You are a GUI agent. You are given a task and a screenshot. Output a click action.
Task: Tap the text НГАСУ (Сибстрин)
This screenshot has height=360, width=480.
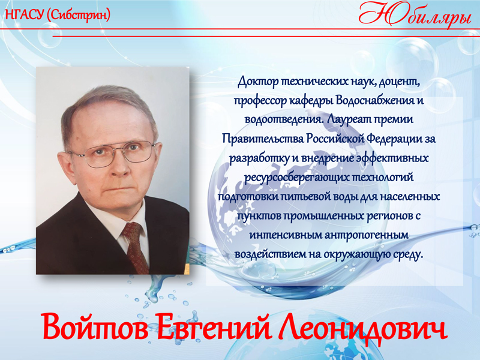(x=57, y=14)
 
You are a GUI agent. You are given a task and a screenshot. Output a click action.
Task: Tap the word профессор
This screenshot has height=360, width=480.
(x=258, y=100)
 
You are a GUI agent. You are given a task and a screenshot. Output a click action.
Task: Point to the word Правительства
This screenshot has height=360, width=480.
(x=262, y=139)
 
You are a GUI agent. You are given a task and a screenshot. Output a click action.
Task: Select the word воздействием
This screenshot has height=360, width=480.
(x=269, y=254)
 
